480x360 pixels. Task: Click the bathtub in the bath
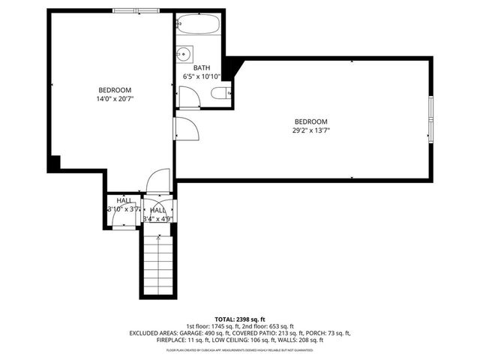[199, 25]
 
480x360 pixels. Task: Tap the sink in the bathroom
[184, 54]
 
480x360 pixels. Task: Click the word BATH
[201, 68]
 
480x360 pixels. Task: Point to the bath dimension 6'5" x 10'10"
[201, 76]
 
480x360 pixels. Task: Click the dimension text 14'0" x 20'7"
[115, 98]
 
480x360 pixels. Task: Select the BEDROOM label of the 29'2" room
[310, 121]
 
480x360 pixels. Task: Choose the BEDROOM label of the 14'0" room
[114, 90]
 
